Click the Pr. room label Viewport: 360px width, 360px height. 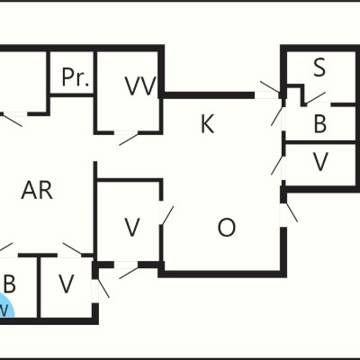click(x=76, y=77)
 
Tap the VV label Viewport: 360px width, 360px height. click(x=140, y=85)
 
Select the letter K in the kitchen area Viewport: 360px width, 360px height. click(x=207, y=124)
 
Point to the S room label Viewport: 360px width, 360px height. click(x=319, y=67)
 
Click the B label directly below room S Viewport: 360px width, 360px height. click(x=320, y=123)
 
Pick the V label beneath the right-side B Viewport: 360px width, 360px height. click(x=320, y=161)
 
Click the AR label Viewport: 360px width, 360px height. click(x=37, y=191)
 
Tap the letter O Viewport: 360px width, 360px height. click(x=226, y=228)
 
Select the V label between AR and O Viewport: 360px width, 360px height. click(x=132, y=227)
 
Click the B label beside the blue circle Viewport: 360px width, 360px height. click(x=9, y=283)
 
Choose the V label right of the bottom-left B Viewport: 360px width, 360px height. click(x=66, y=283)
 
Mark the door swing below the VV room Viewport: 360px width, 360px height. click(x=129, y=139)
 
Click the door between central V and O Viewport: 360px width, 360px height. click(x=166, y=215)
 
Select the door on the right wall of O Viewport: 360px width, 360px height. click(x=290, y=212)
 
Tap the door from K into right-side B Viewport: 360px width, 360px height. click(x=277, y=116)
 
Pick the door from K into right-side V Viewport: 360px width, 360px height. click(x=277, y=165)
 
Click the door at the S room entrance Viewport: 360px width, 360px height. click(x=316, y=97)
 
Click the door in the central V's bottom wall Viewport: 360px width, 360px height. click(x=129, y=273)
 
